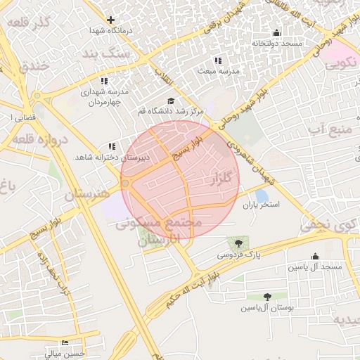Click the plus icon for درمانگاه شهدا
(110, 20)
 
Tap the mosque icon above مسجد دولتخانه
(276, 32)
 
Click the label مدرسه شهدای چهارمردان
(106, 97)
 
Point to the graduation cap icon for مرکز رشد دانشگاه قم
(171, 101)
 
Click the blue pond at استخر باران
(262, 195)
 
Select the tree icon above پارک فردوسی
(239, 243)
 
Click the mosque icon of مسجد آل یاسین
(314, 257)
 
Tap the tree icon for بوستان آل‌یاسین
(267, 297)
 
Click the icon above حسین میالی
(65, 342)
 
